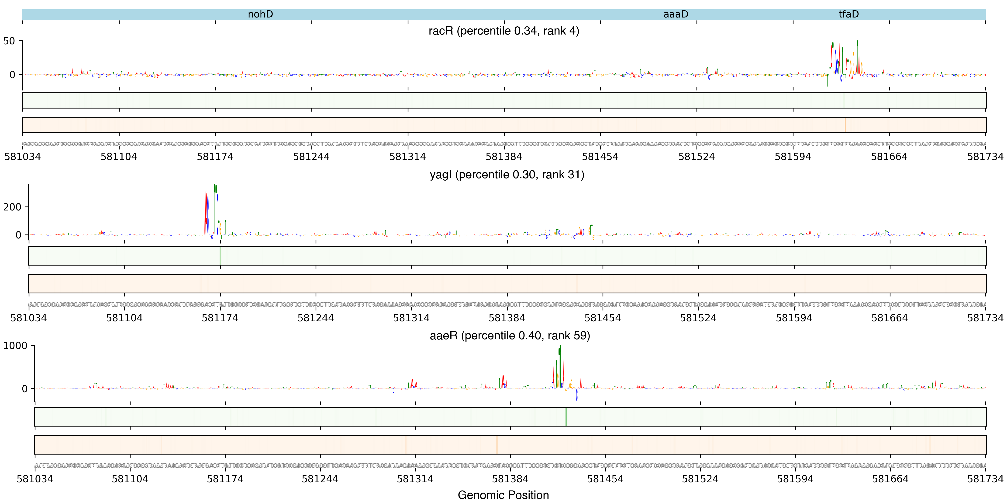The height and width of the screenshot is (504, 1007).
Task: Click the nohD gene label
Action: click(x=260, y=14)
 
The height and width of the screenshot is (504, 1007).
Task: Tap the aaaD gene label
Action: click(x=676, y=14)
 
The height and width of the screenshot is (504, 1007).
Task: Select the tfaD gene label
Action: click(x=849, y=14)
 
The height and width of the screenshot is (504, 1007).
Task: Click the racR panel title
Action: click(x=504, y=31)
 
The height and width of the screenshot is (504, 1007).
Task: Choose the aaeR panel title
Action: click(x=510, y=335)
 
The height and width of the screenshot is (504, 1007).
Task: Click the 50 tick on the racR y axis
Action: click(x=9, y=41)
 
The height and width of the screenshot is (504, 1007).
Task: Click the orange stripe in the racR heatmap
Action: click(x=845, y=125)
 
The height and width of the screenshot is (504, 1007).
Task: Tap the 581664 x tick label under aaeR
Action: click(x=890, y=479)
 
